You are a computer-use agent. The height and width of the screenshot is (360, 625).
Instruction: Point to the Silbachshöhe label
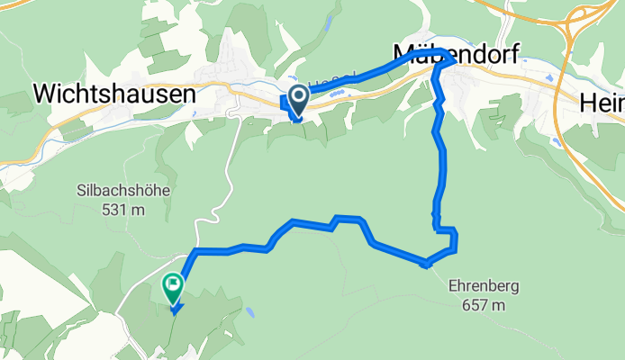[x=123, y=191]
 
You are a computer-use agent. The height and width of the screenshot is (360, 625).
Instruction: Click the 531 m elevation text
[x=123, y=209]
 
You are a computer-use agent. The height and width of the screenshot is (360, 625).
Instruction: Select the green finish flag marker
[x=172, y=287]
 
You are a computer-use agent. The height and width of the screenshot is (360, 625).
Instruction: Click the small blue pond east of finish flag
[x=249, y=314]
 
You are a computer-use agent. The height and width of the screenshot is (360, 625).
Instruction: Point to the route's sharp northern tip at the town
[x=447, y=55]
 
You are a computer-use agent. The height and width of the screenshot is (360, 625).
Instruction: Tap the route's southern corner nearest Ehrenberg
[x=427, y=265]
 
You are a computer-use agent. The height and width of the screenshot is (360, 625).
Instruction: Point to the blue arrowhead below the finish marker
[x=175, y=310]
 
